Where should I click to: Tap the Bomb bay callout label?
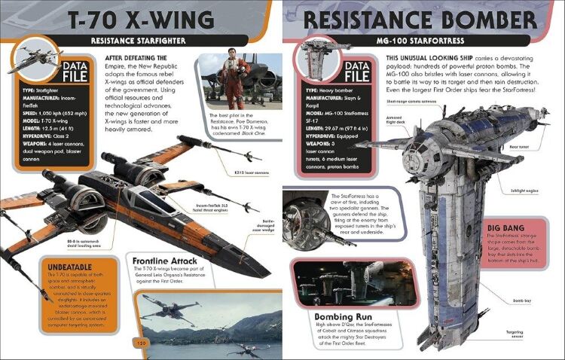point(522,301)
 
